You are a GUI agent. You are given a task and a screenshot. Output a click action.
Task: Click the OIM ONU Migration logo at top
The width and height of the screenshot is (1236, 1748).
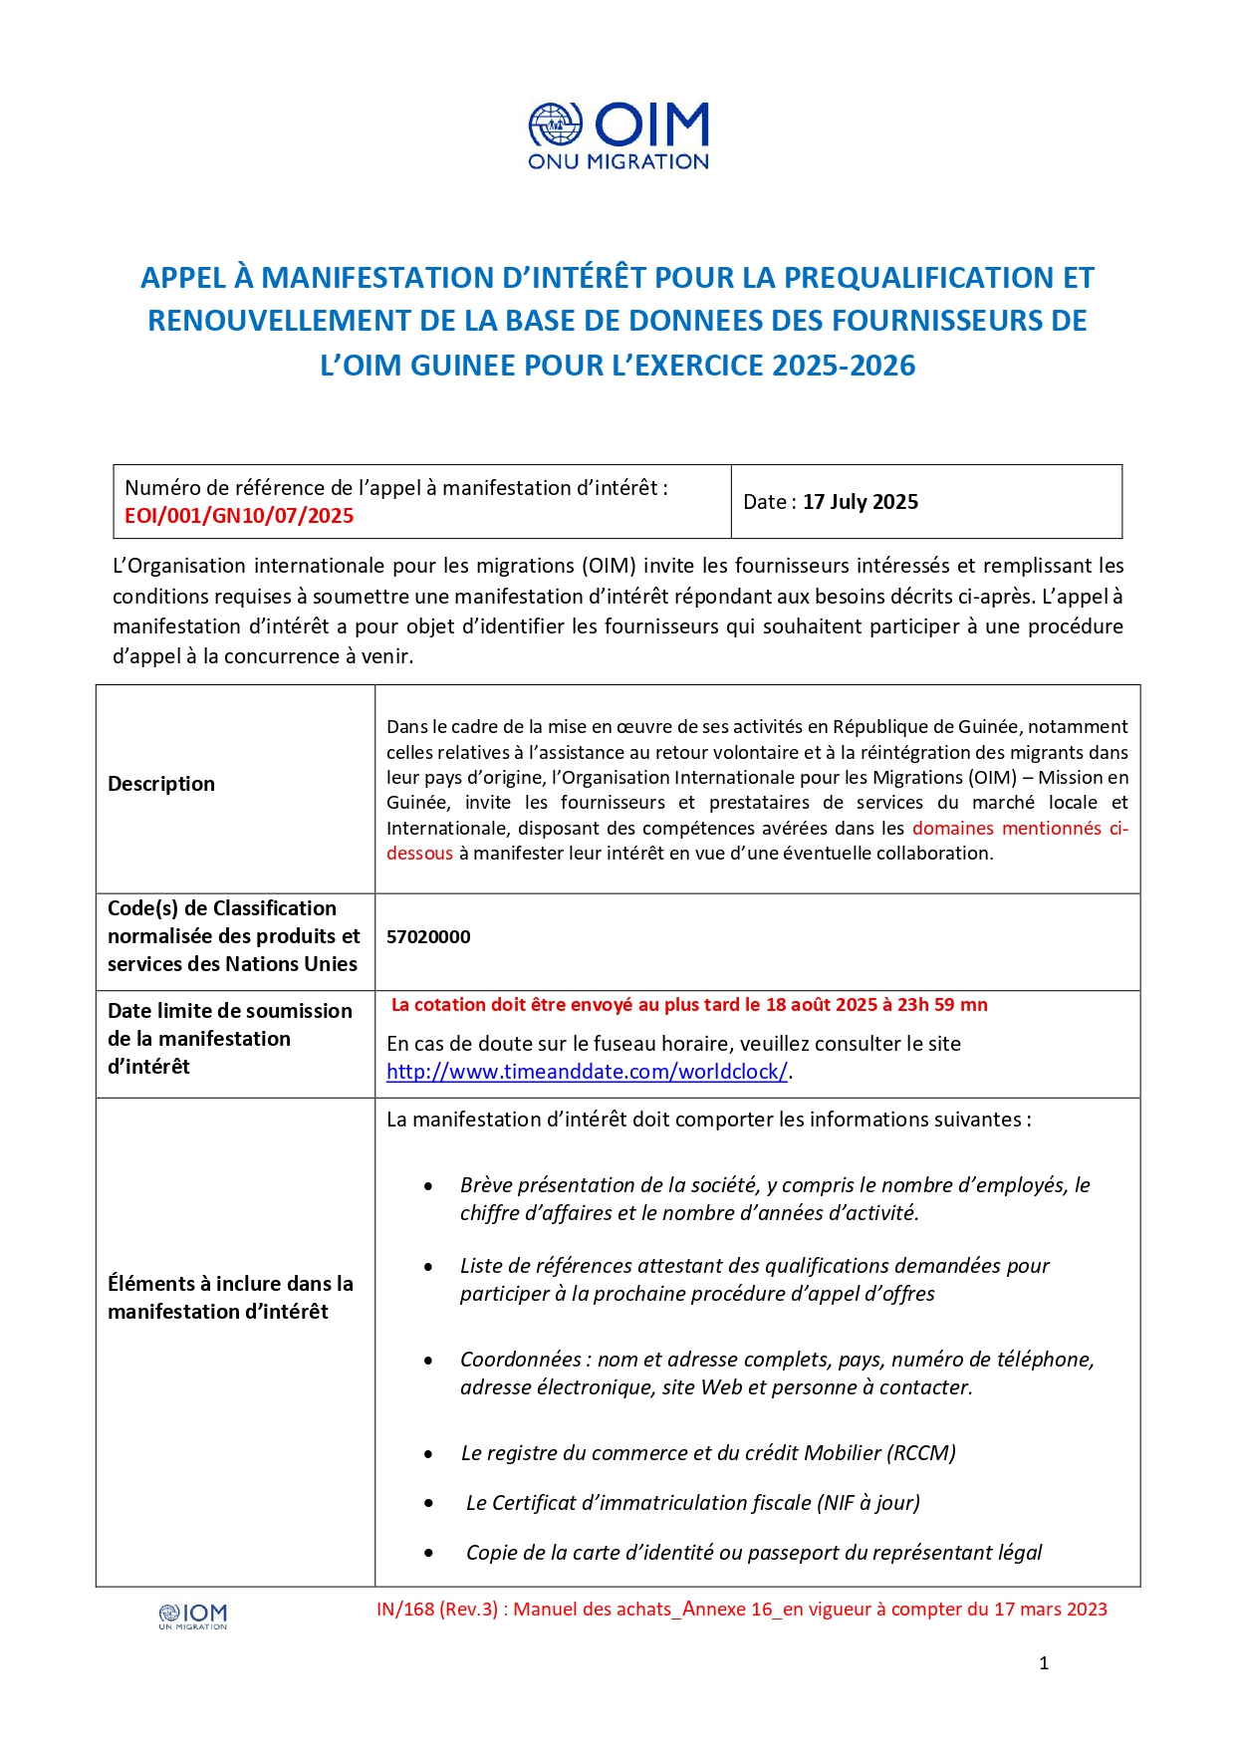[618, 136]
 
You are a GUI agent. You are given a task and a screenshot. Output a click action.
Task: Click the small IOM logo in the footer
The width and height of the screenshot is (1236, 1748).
[193, 1616]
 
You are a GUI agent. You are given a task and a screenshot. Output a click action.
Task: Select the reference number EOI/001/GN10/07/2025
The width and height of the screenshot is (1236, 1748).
[239, 516]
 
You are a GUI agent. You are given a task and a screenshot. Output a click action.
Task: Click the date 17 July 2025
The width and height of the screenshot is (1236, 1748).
[861, 502]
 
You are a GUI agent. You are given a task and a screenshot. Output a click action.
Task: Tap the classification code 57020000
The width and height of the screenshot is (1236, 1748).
[428, 937]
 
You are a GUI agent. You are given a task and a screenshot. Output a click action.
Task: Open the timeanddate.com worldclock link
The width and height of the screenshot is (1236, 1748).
[587, 1072]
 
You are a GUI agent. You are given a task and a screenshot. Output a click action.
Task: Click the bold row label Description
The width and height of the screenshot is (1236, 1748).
[161, 784]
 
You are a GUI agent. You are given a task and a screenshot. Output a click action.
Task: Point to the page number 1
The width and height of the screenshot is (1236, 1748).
[1044, 1663]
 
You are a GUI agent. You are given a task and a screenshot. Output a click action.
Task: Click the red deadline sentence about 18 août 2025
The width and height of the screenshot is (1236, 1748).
[689, 1005]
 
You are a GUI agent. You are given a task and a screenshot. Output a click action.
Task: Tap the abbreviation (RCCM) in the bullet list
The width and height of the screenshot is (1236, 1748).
[923, 1453]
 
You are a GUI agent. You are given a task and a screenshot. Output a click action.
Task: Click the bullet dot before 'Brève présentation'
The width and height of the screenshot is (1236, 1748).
[428, 1186]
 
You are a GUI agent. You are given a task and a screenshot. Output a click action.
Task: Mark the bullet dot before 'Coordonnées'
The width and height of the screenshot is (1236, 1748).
[428, 1361]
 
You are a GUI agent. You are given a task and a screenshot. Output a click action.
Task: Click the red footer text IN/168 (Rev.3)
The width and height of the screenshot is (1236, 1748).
[437, 1610]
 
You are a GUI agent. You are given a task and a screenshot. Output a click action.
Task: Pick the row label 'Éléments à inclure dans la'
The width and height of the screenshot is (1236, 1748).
[230, 1284]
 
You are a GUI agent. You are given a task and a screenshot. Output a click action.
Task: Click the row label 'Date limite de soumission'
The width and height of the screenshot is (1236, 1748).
[230, 1011]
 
